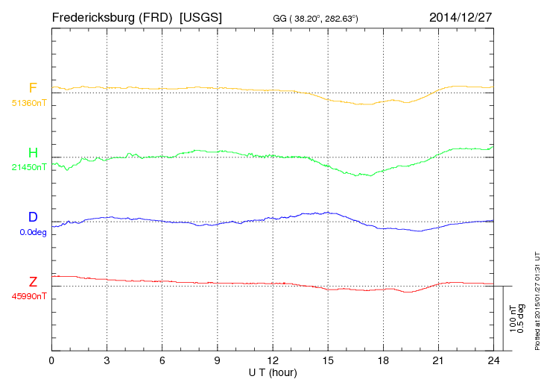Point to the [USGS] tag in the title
click(201, 16)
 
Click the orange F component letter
click(33, 88)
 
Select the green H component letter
click(33, 154)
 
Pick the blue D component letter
click(33, 218)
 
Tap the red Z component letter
click(33, 282)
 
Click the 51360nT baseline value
click(28, 102)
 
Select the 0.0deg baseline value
click(33, 232)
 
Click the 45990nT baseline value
click(28, 296)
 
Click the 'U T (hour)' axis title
click(273, 372)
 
